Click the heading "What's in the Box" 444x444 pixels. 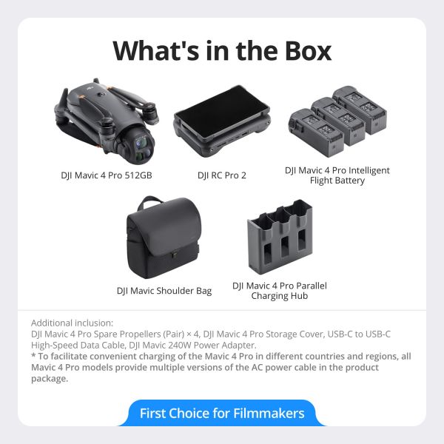pos(222,50)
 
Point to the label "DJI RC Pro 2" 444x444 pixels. pos(222,176)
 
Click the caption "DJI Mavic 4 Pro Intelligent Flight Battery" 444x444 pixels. pos(337,175)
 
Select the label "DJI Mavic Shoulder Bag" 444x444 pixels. pos(164,291)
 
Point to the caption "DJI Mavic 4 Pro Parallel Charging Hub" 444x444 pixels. pos(279,290)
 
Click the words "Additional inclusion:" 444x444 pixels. pos(73,323)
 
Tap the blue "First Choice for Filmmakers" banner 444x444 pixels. pos(222,413)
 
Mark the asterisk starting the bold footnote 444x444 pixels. pos(33,357)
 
